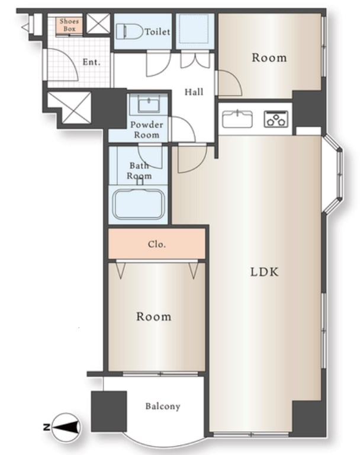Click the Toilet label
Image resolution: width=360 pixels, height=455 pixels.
click(x=157, y=31)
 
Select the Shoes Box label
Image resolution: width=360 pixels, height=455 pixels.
click(x=69, y=25)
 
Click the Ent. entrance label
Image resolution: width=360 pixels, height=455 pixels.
click(x=91, y=62)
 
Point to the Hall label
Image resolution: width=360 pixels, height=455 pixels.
click(x=194, y=92)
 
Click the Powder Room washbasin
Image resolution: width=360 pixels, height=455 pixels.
click(x=149, y=104)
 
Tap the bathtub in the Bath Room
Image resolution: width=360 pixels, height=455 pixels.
click(x=139, y=204)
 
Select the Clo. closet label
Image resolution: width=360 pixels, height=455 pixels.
click(x=157, y=244)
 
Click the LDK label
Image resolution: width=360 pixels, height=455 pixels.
click(x=265, y=272)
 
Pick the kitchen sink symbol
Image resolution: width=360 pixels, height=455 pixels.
click(x=237, y=118)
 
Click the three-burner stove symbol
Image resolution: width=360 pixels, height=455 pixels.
click(x=276, y=119)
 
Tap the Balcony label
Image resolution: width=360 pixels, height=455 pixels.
click(x=163, y=406)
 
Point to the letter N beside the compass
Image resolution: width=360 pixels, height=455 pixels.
click(x=46, y=427)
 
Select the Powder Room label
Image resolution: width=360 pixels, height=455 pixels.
click(x=146, y=130)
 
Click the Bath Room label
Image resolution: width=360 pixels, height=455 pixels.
click(x=139, y=171)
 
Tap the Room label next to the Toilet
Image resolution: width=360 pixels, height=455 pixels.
click(x=269, y=57)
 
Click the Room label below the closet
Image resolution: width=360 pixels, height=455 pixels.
click(x=154, y=316)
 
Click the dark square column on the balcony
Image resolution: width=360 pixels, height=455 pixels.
click(x=109, y=411)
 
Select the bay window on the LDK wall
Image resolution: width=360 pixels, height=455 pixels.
click(x=333, y=174)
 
